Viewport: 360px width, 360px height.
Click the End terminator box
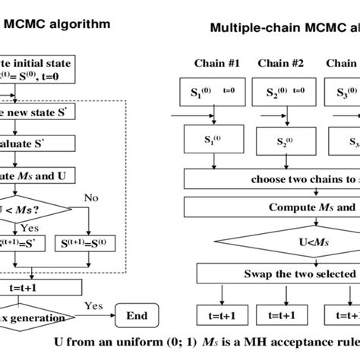[x=137, y=314]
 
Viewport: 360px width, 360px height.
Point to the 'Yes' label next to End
[x=93, y=305]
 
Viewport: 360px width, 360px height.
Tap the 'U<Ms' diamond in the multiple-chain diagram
[x=273, y=242]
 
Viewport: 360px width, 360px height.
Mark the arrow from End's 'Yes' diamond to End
[x=99, y=314]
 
